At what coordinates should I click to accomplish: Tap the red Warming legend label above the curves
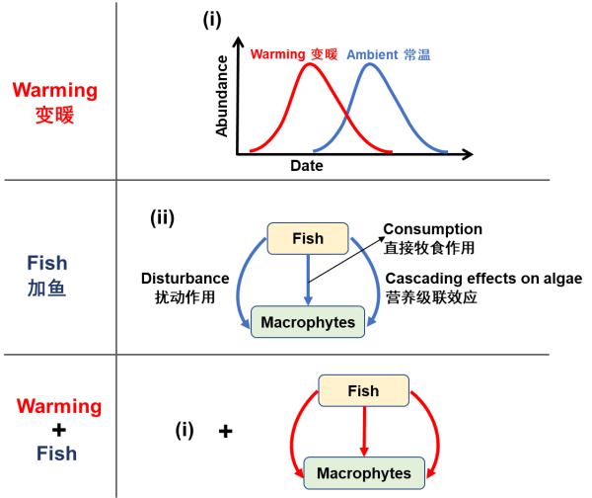coord(294,54)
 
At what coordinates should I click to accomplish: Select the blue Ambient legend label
coord(388,54)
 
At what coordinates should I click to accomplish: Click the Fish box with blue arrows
coord(308,238)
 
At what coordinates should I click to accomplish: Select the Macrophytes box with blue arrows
coord(308,322)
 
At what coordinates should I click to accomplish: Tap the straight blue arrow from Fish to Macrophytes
coord(308,280)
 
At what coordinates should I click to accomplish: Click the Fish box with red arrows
coord(363,390)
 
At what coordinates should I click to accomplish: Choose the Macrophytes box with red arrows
coord(363,473)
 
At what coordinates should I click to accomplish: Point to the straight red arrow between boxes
coord(363,432)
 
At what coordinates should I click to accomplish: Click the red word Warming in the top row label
coord(55,91)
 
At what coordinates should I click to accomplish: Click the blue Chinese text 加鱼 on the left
coord(46,289)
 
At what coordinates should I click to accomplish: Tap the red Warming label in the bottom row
coord(59,407)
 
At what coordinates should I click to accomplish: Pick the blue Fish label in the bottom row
coord(56,454)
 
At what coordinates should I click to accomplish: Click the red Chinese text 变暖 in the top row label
coord(55,115)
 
